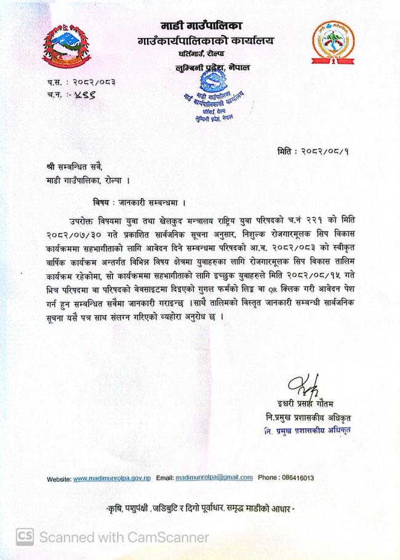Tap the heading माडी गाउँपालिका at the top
(201, 26)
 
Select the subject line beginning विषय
(139, 202)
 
